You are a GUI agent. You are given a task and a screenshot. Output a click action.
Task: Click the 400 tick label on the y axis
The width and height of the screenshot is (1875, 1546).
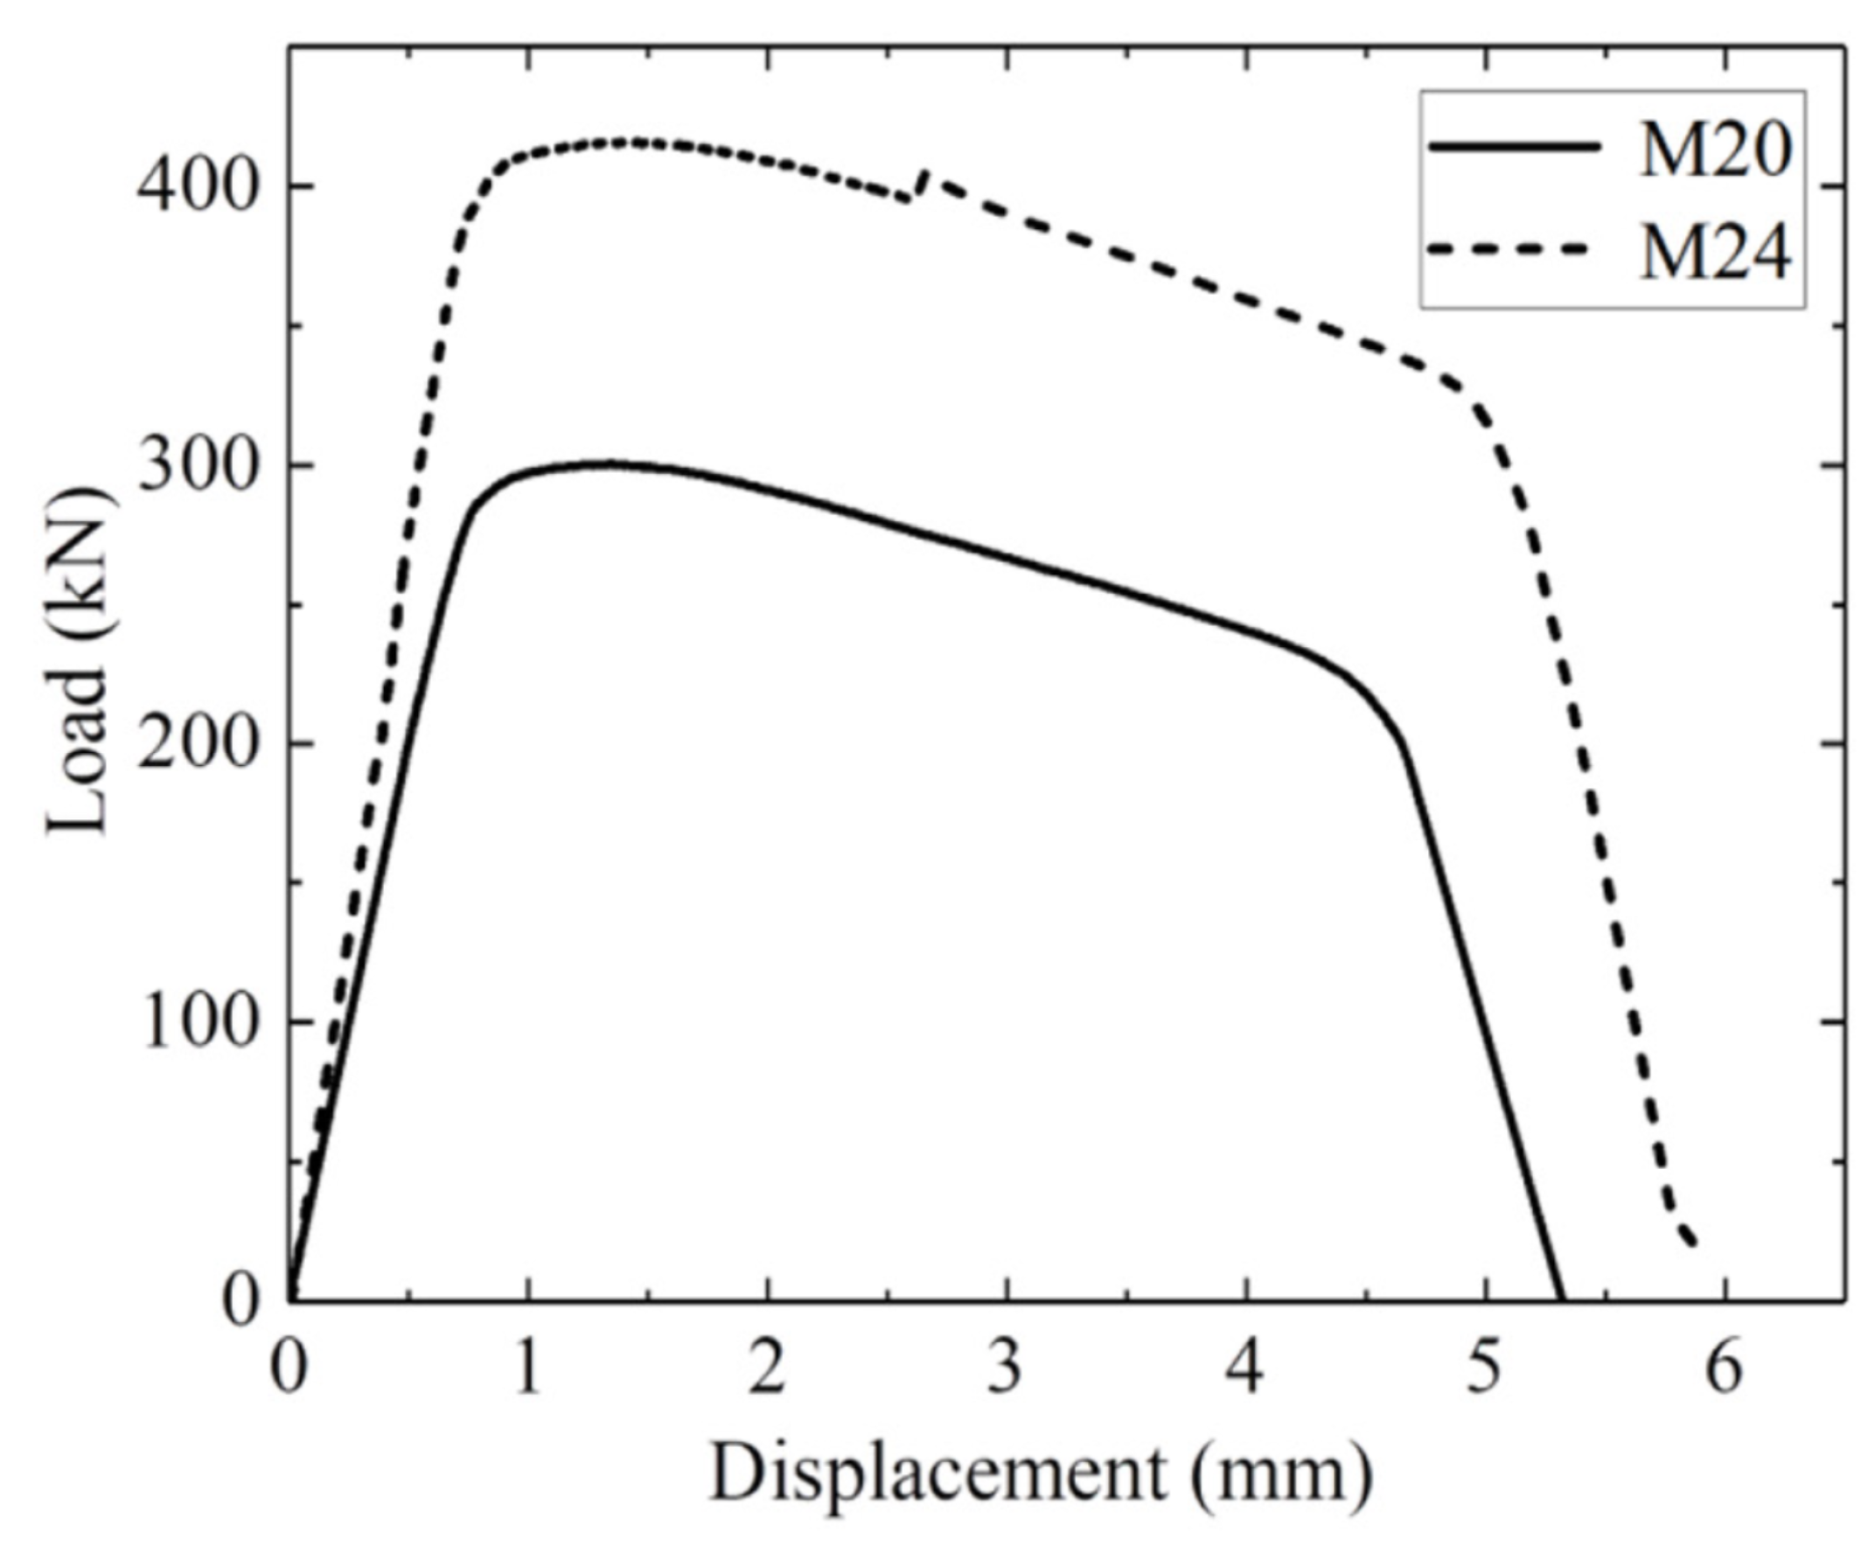[197, 189]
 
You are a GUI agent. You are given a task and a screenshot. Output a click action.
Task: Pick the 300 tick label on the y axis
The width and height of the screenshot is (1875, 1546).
[197, 467]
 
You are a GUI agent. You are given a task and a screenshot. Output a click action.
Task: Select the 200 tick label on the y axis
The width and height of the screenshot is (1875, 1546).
[197, 744]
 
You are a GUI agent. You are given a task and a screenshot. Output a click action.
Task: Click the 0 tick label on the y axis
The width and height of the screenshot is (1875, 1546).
[239, 1301]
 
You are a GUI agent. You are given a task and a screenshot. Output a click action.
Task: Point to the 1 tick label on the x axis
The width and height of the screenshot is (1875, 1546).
[528, 1368]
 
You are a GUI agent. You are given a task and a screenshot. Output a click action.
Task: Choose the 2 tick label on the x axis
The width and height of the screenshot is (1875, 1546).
[767, 1368]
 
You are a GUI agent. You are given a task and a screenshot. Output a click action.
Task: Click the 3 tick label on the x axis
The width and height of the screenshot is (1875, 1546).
[1007, 1368]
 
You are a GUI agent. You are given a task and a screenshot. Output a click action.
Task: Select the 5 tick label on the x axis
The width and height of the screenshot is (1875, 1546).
[1485, 1368]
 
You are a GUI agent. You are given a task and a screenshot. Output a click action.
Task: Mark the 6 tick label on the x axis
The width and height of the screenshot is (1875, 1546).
[1725, 1368]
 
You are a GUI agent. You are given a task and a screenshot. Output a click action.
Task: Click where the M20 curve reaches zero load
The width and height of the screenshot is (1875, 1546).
[1560, 1299]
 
